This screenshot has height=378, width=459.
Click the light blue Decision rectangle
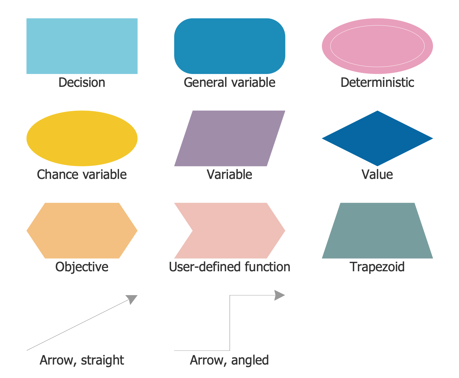point(82,46)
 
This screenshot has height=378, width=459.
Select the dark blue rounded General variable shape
point(229,46)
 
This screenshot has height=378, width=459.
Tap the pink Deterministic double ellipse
point(377,46)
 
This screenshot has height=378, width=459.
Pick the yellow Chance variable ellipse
point(82,138)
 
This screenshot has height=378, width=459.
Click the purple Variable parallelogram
point(229,138)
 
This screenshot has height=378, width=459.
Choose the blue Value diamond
point(377,138)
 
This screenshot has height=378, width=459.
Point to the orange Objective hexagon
point(82,230)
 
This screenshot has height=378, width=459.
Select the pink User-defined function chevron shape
point(233,230)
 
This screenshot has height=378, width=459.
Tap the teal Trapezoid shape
point(377,230)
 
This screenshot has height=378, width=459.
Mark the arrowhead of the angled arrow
point(279,295)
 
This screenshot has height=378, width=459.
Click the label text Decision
point(82,83)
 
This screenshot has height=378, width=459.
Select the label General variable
point(229,83)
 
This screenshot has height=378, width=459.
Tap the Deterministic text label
point(377,83)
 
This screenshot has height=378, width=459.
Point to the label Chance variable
point(82,175)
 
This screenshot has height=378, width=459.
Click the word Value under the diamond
point(377,175)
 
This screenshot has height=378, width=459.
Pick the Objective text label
point(82,267)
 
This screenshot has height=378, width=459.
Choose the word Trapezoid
point(377,267)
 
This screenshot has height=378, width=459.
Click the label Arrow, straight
point(82,360)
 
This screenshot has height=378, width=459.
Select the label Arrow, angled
point(229,360)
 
